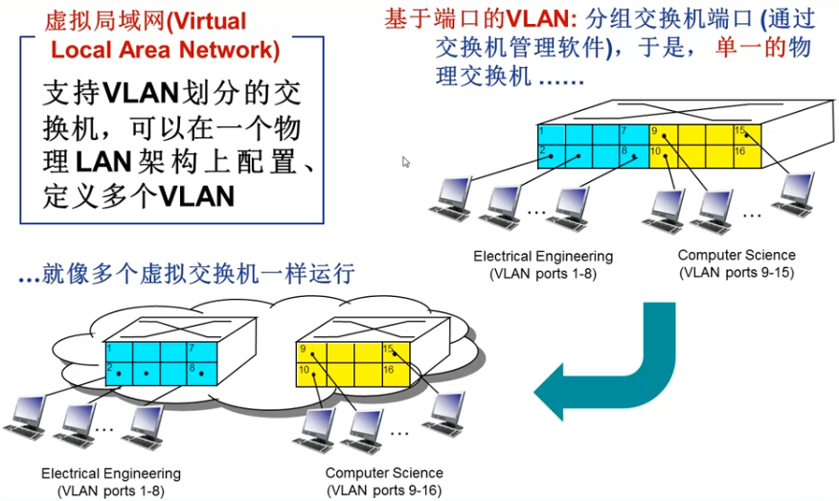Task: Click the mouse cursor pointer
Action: (406, 162)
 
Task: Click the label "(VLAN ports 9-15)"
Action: (736, 272)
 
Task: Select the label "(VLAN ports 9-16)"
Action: (384, 490)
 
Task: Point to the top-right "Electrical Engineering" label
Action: (543, 257)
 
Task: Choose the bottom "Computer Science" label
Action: (384, 473)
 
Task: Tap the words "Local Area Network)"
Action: (165, 50)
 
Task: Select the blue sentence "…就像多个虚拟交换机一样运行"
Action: (187, 274)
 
